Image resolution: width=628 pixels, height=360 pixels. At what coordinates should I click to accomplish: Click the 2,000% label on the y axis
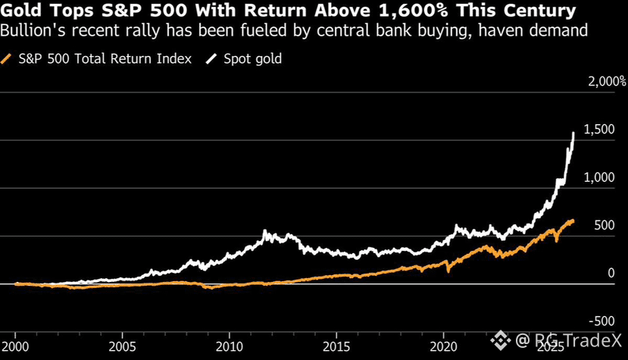click(605, 81)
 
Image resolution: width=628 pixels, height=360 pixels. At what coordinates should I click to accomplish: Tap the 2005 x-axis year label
click(122, 346)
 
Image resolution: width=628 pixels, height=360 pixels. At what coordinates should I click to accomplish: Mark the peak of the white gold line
click(573, 133)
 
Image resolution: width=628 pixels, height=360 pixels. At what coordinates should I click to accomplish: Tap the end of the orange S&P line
click(573, 221)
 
